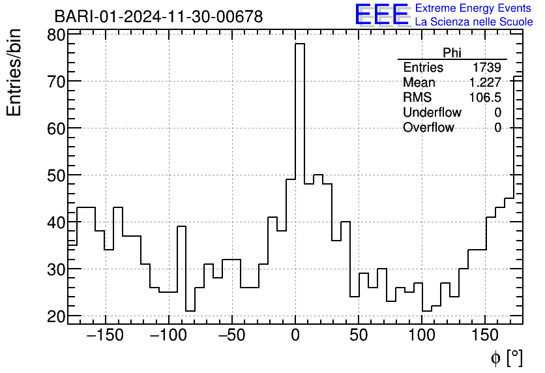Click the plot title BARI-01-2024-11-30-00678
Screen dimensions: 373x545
point(158,16)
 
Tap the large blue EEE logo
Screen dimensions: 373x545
point(382,14)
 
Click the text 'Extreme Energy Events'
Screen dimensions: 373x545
point(474,8)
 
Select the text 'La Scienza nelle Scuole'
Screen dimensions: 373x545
point(474,22)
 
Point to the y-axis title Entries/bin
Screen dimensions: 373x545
point(14,73)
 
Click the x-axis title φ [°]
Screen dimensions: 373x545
point(507,357)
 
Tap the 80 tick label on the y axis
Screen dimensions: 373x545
point(56,35)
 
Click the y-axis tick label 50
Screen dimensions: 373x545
point(56,175)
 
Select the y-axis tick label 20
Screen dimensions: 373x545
point(56,316)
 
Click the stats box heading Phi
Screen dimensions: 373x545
point(452,53)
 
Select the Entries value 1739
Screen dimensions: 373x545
point(487,68)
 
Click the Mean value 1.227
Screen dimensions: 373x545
point(485,83)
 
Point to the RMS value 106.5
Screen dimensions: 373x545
point(485,98)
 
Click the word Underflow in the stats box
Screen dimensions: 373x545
point(432,113)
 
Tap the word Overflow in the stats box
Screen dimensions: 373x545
point(428,128)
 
